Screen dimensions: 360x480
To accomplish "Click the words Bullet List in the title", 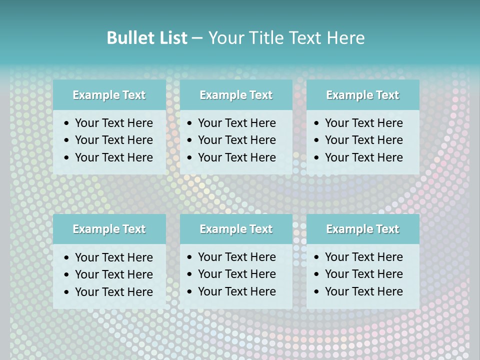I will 147,38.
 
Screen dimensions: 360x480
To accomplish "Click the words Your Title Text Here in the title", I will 286,38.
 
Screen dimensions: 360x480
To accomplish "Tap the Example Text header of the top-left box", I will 109,95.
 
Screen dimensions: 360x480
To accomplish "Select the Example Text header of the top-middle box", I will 236,95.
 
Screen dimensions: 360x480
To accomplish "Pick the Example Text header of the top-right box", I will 362,95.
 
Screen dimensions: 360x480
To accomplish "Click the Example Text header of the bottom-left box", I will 109,229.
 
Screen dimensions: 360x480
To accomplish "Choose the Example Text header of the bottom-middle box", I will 236,229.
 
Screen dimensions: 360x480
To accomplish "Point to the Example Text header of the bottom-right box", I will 362,229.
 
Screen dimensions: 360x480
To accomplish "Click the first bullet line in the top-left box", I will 113,123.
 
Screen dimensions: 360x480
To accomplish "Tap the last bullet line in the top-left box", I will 113,157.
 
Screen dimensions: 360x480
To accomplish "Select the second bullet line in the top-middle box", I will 236,140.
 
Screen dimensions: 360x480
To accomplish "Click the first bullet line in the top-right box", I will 363,123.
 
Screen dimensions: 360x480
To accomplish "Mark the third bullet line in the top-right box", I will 363,157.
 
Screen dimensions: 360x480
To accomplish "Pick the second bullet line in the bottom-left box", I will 113,274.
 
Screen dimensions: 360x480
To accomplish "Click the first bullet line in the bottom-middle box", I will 236,257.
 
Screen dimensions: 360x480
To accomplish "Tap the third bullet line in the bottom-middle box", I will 236,291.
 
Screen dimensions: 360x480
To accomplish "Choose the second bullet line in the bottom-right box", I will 363,274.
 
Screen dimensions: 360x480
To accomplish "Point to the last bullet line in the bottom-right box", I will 363,291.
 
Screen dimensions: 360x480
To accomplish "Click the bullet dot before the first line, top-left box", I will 67,123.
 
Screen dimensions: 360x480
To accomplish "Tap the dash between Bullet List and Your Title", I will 197,38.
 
